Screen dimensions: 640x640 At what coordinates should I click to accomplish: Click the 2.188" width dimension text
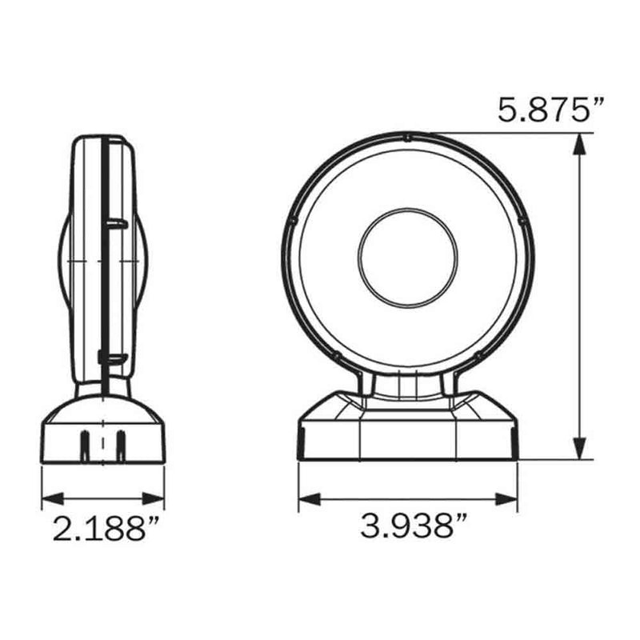(x=101, y=529)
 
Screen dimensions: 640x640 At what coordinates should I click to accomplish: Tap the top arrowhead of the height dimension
(x=577, y=142)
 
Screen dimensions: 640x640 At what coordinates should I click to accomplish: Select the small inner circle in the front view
(x=408, y=257)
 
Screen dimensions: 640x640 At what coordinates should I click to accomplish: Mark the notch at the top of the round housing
(x=408, y=138)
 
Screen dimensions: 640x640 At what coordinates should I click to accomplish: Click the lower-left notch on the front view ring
(x=336, y=354)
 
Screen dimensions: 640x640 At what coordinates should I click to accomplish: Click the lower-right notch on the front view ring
(x=479, y=354)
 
